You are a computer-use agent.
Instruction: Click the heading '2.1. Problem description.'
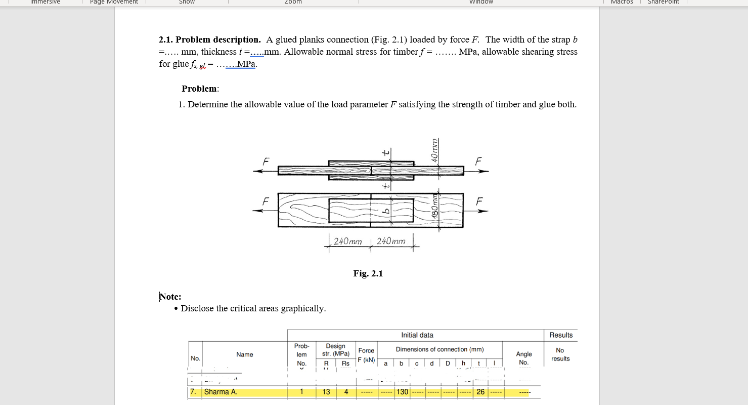[210, 39]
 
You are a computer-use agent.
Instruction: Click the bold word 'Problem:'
[200, 89]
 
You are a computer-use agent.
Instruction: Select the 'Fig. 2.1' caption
[368, 273]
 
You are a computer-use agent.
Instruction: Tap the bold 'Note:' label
[170, 297]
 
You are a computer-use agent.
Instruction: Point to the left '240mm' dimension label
[348, 241]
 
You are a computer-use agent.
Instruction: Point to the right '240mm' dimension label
[391, 241]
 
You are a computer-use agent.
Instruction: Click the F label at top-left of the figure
[266, 161]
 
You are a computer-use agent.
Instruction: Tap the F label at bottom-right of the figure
[479, 201]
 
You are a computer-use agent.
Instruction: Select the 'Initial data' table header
[417, 335]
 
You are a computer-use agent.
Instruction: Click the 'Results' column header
[561, 335]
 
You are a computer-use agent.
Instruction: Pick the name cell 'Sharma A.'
[221, 392]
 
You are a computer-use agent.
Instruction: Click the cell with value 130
[402, 392]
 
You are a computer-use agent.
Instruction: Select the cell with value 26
[480, 392]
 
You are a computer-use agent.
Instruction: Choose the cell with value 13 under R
[326, 392]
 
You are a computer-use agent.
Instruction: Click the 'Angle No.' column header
[523, 358]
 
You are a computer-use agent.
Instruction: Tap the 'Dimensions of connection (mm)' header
[439, 349]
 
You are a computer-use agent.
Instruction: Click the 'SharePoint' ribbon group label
[663, 2]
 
